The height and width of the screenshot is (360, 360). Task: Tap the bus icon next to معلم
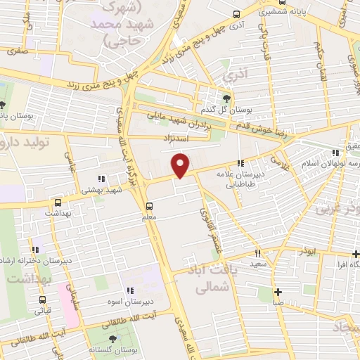coord(149,206)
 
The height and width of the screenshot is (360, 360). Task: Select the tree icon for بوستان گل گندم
coord(226,98)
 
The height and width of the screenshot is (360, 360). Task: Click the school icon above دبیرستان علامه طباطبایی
coord(241,164)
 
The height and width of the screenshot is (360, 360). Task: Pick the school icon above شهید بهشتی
coord(101,179)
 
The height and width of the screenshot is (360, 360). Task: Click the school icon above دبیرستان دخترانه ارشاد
coord(35,249)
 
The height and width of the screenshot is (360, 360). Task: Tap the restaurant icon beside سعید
coord(258,253)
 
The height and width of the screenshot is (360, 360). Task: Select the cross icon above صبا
coord(278,292)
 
